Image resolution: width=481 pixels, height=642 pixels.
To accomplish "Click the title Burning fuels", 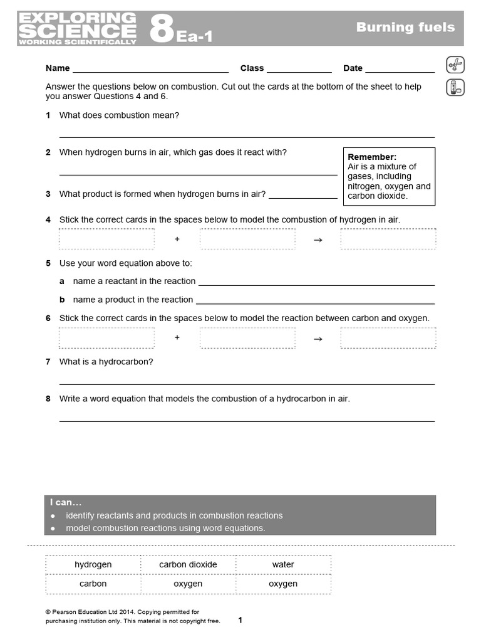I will coord(405,27).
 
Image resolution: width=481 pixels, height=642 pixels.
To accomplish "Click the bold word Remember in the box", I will coord(372,157).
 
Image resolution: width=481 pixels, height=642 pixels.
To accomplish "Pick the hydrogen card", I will coord(93,564).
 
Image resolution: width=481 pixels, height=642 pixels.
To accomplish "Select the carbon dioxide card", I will coord(188,564).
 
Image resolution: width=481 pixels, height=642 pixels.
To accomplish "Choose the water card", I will coord(283,564).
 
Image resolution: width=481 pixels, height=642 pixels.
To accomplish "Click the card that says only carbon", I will coord(93,584).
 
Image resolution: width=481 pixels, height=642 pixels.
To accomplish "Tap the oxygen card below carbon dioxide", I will coord(188,584).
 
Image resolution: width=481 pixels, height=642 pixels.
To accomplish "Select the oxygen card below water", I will coord(283,584).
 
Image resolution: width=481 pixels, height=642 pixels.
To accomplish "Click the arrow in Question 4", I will coord(318,239).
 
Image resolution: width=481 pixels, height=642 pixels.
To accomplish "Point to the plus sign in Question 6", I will coord(177,338).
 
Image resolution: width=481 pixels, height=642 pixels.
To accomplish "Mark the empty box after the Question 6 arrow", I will coord(388,338).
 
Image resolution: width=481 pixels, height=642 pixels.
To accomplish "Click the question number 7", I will coord(48,362).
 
